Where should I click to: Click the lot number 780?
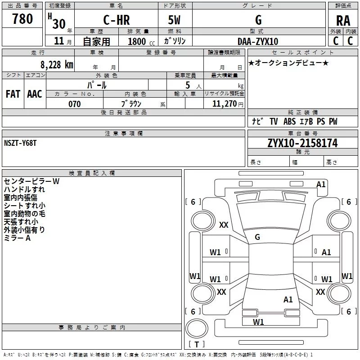click(22, 19)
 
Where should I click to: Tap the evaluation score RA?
click(343, 20)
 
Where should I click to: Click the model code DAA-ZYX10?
click(258, 41)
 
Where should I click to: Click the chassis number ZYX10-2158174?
click(302, 144)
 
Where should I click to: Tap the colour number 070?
click(74, 104)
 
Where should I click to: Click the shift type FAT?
click(13, 94)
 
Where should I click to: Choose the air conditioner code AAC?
click(35, 94)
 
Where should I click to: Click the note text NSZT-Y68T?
click(20, 143)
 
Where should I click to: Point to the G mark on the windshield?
click(257, 237)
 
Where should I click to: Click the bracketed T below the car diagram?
click(197, 344)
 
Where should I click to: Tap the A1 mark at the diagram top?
click(321, 184)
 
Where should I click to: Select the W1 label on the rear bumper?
click(258, 322)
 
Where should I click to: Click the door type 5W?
click(175, 20)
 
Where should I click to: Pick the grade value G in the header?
click(258, 20)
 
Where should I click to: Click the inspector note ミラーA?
click(17, 238)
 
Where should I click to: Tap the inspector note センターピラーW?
click(31, 181)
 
